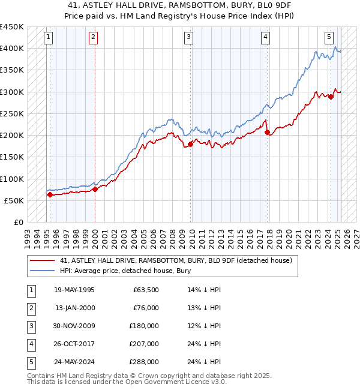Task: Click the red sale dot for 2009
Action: click(191, 144)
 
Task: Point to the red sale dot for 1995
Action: click(50, 194)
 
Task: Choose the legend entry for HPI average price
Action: click(125, 271)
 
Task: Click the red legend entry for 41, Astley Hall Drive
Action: click(176, 260)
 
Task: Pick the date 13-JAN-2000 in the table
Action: click(75, 308)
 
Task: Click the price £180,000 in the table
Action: click(144, 326)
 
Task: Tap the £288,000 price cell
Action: click(144, 362)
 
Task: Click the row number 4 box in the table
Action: click(31, 344)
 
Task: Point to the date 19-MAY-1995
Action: click(74, 290)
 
